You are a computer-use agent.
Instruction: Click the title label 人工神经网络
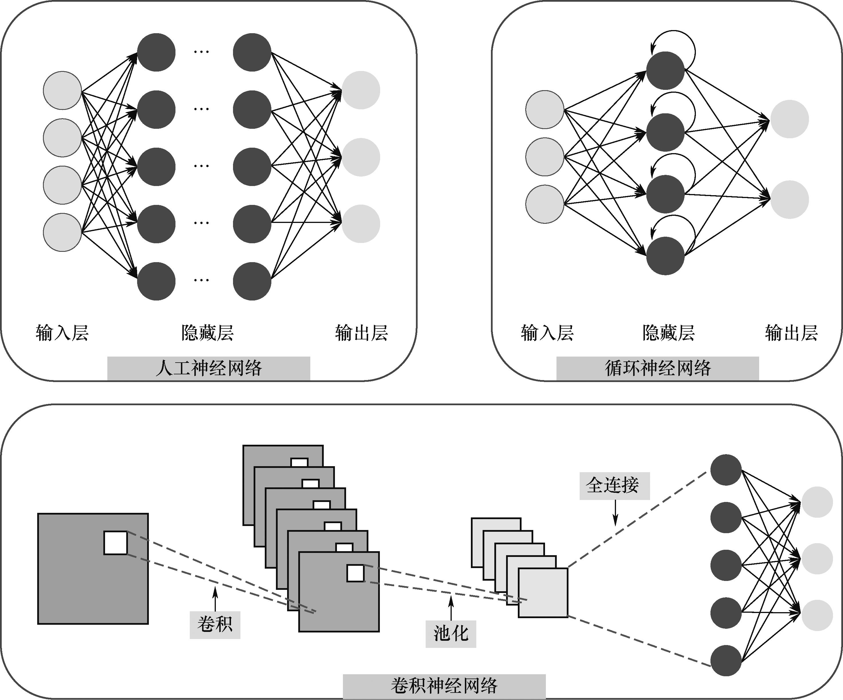point(208,368)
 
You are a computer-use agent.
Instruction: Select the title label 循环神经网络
point(658,368)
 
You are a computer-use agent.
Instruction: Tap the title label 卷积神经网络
point(444,686)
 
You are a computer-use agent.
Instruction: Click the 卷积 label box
point(215,625)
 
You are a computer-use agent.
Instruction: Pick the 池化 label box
point(451,634)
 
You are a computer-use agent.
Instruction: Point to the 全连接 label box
point(614,486)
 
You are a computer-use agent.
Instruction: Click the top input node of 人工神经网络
point(62,90)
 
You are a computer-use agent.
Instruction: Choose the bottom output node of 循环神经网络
point(789,199)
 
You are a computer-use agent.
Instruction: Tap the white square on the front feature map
point(355,573)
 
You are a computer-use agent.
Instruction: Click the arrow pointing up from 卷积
point(215,598)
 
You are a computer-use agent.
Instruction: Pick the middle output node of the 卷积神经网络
point(817,558)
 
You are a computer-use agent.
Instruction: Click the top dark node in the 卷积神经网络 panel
point(726,470)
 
